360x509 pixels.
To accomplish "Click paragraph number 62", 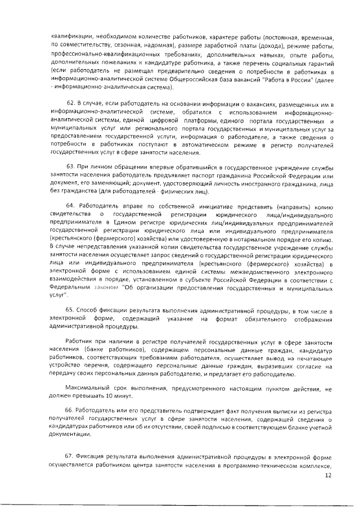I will [x=72, y=105].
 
